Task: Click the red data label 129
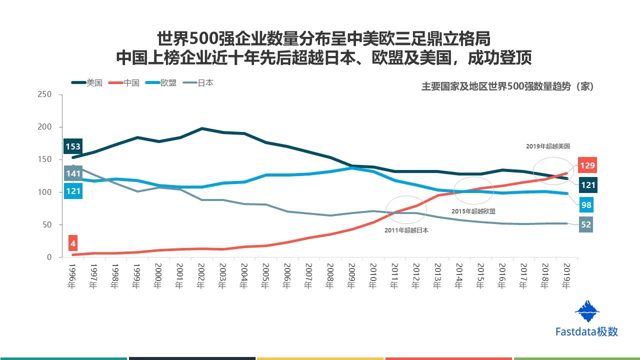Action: [587, 165]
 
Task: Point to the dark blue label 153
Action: [73, 147]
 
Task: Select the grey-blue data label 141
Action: [73, 173]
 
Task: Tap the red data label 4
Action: [73, 244]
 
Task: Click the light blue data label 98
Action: [585, 205]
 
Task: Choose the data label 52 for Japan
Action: [585, 224]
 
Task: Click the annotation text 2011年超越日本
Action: [406, 230]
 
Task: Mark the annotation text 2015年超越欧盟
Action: [473, 211]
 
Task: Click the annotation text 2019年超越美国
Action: [548, 146]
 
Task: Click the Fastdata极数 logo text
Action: [586, 331]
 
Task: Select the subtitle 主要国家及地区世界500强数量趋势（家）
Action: [507, 86]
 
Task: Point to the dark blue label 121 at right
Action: [588, 185]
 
